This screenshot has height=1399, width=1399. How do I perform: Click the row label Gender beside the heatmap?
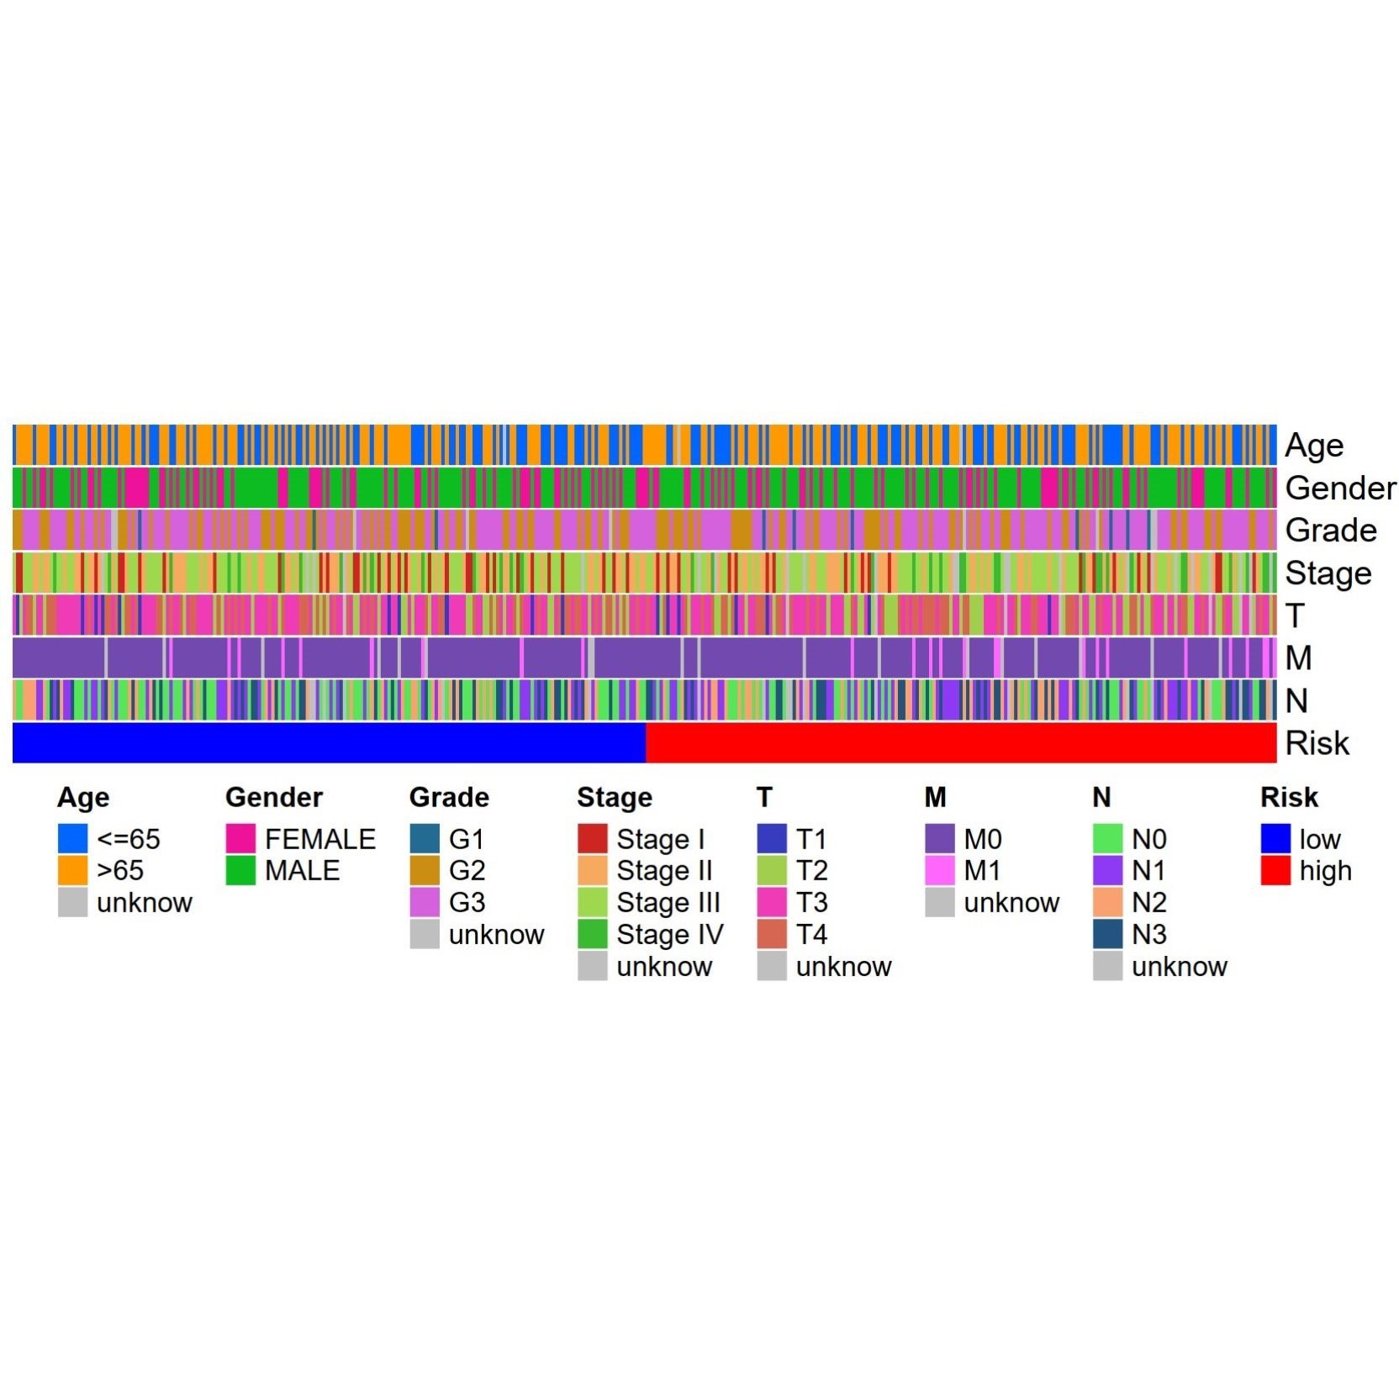[1339, 488]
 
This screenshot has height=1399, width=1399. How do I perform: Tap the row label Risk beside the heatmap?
[1317, 743]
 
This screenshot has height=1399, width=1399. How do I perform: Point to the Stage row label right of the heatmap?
[1328, 573]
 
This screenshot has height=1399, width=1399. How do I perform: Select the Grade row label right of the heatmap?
[1330, 531]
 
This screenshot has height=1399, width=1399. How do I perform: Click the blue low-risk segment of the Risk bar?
[328, 743]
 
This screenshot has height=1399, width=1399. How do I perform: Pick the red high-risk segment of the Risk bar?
[960, 743]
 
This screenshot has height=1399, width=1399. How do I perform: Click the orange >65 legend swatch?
[73, 870]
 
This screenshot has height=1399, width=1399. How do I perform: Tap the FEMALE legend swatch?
[240, 838]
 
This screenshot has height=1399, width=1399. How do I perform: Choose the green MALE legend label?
[302, 870]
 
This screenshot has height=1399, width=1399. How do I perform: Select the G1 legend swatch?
[425, 838]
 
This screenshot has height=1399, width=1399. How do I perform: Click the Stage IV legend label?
[669, 934]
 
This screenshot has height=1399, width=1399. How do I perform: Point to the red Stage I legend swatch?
[593, 838]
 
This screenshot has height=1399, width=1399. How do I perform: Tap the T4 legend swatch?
[772, 934]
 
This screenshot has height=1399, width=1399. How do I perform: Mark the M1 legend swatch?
[939, 870]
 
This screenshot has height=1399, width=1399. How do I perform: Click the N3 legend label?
[1148, 934]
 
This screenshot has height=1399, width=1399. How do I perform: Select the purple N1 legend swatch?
[1107, 870]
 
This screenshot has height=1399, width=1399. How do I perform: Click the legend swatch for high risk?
[1275, 870]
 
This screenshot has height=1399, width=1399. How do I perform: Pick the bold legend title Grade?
[449, 797]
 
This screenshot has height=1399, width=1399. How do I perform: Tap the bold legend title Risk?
[1289, 797]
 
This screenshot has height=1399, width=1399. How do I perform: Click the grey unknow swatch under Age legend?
[73, 902]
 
